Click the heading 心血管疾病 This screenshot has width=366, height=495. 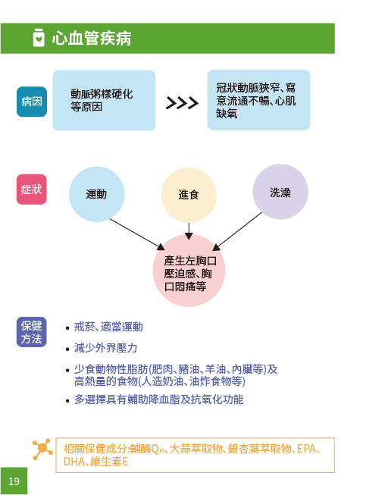92,39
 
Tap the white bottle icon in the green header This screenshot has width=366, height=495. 39,38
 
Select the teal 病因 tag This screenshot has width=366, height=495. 32,102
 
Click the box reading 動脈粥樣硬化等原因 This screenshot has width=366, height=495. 104,100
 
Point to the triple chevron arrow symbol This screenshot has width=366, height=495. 182,103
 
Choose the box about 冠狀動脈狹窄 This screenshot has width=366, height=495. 258,100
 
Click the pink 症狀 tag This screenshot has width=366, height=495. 32,190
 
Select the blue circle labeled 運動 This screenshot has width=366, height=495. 96,194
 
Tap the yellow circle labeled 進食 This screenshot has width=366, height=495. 189,195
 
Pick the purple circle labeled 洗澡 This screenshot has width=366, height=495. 280,192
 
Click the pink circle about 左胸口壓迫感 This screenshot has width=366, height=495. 189,271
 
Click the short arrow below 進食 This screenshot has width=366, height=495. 189,231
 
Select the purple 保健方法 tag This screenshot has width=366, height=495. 32,332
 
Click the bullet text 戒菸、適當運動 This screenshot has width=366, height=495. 108,327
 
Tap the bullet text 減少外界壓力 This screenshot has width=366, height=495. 105,348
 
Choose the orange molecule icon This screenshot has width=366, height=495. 42,449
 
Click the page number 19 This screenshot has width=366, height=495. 14,481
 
